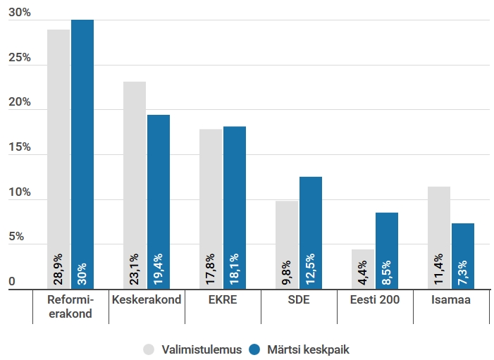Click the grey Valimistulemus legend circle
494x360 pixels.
tap(149, 349)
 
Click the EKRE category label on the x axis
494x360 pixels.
tap(223, 299)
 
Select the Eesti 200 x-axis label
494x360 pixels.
tap(374, 299)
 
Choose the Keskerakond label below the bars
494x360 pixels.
tap(147, 299)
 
